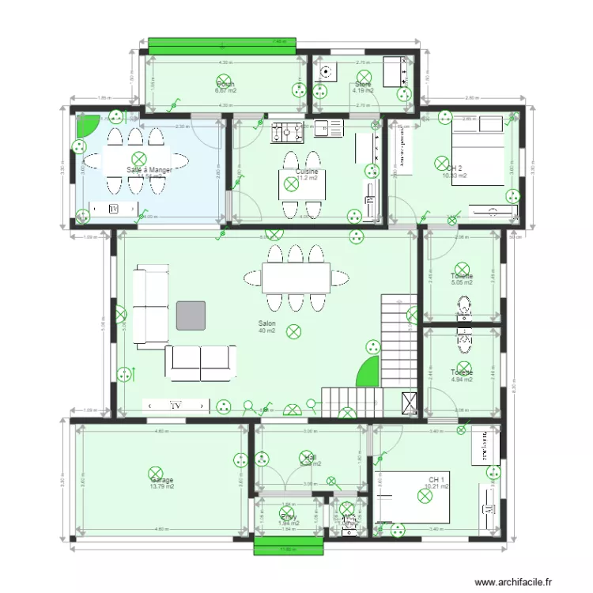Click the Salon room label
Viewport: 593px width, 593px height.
point(266,323)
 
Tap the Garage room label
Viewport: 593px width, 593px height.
point(161,480)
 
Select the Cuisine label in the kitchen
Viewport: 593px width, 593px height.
point(308,171)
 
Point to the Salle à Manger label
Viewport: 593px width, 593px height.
point(149,170)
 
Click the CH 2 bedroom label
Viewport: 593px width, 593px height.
point(454,168)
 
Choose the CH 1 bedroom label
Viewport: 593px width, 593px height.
point(436,480)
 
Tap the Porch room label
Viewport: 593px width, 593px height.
point(225,84)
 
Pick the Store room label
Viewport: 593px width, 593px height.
point(363,84)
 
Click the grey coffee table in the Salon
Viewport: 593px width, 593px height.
point(191,315)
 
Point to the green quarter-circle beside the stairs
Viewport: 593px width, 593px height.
point(368,372)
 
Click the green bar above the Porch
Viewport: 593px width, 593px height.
point(223,46)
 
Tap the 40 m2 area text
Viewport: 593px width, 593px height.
point(266,330)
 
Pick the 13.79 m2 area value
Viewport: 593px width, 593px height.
point(161,487)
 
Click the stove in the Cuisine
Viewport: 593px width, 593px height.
point(285,131)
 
